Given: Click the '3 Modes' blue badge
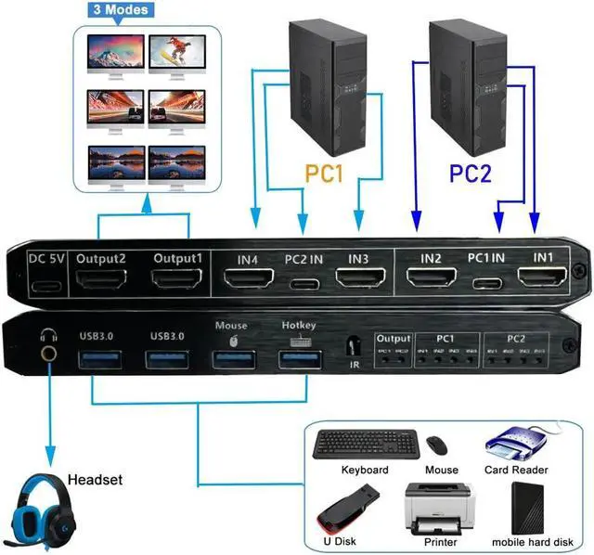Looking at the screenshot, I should [x=118, y=11].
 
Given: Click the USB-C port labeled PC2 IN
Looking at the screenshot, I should [x=303, y=283].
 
